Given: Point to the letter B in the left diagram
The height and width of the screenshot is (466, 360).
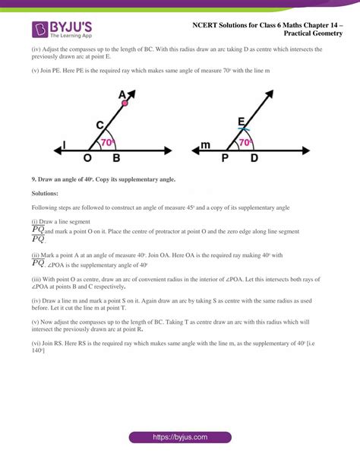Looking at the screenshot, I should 116,159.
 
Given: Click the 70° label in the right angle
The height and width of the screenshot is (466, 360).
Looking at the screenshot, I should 245,142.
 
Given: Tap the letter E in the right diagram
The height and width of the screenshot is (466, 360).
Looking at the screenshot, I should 242,121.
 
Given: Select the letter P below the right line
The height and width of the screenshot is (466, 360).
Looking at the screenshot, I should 225,159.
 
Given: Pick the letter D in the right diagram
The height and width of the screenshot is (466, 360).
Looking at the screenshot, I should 254,159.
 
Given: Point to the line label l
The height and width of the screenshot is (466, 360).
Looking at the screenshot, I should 64,144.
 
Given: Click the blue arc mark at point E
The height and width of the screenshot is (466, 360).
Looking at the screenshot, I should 242,130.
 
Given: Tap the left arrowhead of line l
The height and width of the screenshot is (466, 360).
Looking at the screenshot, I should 54,149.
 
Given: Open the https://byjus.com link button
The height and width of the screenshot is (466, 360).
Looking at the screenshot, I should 179,438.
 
